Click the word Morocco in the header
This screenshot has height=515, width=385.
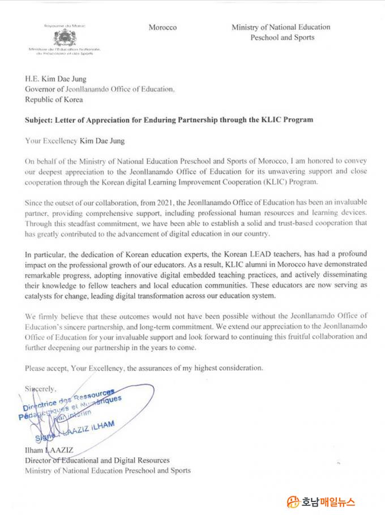[x=162, y=27]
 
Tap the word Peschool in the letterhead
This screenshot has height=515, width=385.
[x=266, y=37]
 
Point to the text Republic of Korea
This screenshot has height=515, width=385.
[x=54, y=99]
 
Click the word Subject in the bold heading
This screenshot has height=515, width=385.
[x=40, y=120]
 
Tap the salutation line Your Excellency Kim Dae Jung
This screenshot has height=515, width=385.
[x=75, y=141]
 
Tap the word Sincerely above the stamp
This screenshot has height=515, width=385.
[x=41, y=388]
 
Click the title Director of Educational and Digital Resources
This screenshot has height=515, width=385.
[x=97, y=460]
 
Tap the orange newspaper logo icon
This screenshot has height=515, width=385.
[x=293, y=501]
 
